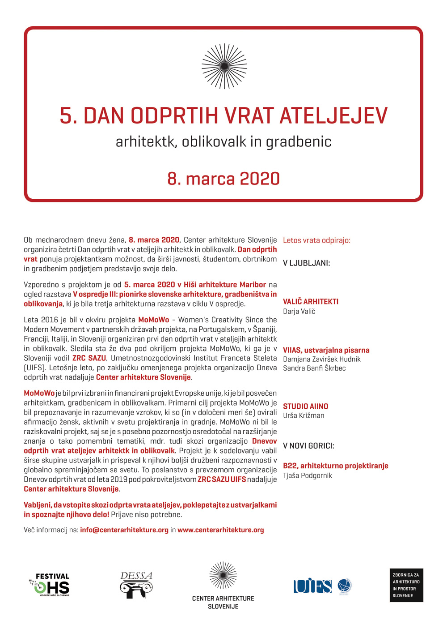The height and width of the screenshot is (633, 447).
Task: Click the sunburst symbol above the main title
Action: [224, 66]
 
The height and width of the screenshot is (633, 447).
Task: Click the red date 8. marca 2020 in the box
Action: [223, 179]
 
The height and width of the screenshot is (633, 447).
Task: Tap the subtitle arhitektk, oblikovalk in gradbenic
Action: [223, 141]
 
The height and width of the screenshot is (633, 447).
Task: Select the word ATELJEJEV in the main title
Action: [333, 115]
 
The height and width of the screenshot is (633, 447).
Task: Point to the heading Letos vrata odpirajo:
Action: [316, 240]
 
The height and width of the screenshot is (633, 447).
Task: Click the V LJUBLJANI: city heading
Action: [306, 263]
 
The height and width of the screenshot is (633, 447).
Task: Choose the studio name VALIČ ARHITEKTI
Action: [311, 302]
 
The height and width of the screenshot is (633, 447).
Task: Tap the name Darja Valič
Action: [299, 311]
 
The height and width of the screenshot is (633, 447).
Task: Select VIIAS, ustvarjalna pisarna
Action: [326, 350]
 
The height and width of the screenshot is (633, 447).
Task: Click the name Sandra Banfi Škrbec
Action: [314, 368]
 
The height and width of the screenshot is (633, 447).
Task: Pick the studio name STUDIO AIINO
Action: [305, 406]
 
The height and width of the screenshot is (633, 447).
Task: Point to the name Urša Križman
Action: [304, 415]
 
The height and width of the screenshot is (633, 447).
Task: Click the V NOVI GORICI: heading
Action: [308, 446]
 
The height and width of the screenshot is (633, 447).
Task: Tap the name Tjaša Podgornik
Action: [308, 475]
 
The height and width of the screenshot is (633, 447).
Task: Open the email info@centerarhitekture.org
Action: [124, 530]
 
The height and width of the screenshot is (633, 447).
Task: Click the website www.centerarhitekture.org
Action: [220, 530]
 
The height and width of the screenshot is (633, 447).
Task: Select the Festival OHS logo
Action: [50, 585]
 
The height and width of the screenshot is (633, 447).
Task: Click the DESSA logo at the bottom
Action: [136, 585]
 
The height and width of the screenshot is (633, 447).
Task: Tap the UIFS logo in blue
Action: [312, 586]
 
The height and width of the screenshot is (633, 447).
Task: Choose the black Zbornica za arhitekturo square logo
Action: [406, 585]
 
